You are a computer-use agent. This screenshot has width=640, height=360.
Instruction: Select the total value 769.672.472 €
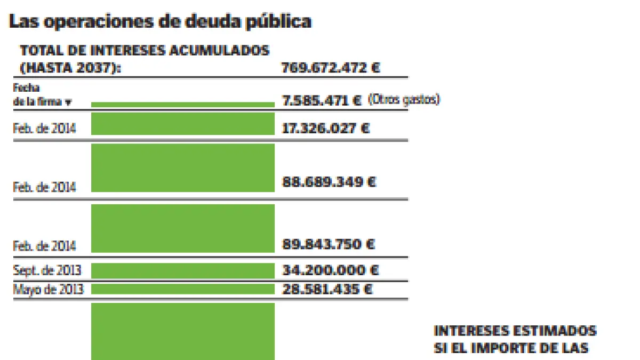coord(331,68)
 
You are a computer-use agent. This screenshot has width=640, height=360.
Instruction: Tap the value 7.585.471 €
coord(322,100)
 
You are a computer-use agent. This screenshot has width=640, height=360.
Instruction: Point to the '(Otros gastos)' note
coord(404,100)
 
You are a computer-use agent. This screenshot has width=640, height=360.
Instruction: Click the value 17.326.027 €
coord(325,129)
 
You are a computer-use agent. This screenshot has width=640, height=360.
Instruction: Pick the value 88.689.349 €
coord(329,182)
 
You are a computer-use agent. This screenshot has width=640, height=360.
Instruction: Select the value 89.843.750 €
coord(329,244)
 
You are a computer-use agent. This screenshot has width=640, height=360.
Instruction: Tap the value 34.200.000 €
coord(330,270)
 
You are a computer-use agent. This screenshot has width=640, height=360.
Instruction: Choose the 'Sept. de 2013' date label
coord(48,271)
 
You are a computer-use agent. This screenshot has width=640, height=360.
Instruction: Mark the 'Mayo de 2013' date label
coord(48,290)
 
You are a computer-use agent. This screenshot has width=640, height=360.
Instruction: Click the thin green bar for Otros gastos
coord(182,105)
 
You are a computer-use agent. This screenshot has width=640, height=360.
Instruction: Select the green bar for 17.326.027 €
coord(182,124)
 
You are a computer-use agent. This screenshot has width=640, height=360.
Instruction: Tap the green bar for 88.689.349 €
coord(182,168)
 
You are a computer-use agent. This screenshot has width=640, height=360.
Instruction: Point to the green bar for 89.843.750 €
coord(182,228)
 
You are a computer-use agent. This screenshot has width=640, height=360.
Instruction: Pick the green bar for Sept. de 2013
coord(182,270)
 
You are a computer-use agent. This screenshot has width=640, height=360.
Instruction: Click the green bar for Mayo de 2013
coord(182,289)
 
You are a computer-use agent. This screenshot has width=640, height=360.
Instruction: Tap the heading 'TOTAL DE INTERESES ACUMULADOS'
coord(145,51)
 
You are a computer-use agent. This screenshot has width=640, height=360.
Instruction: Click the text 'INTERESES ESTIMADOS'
coord(515,331)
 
